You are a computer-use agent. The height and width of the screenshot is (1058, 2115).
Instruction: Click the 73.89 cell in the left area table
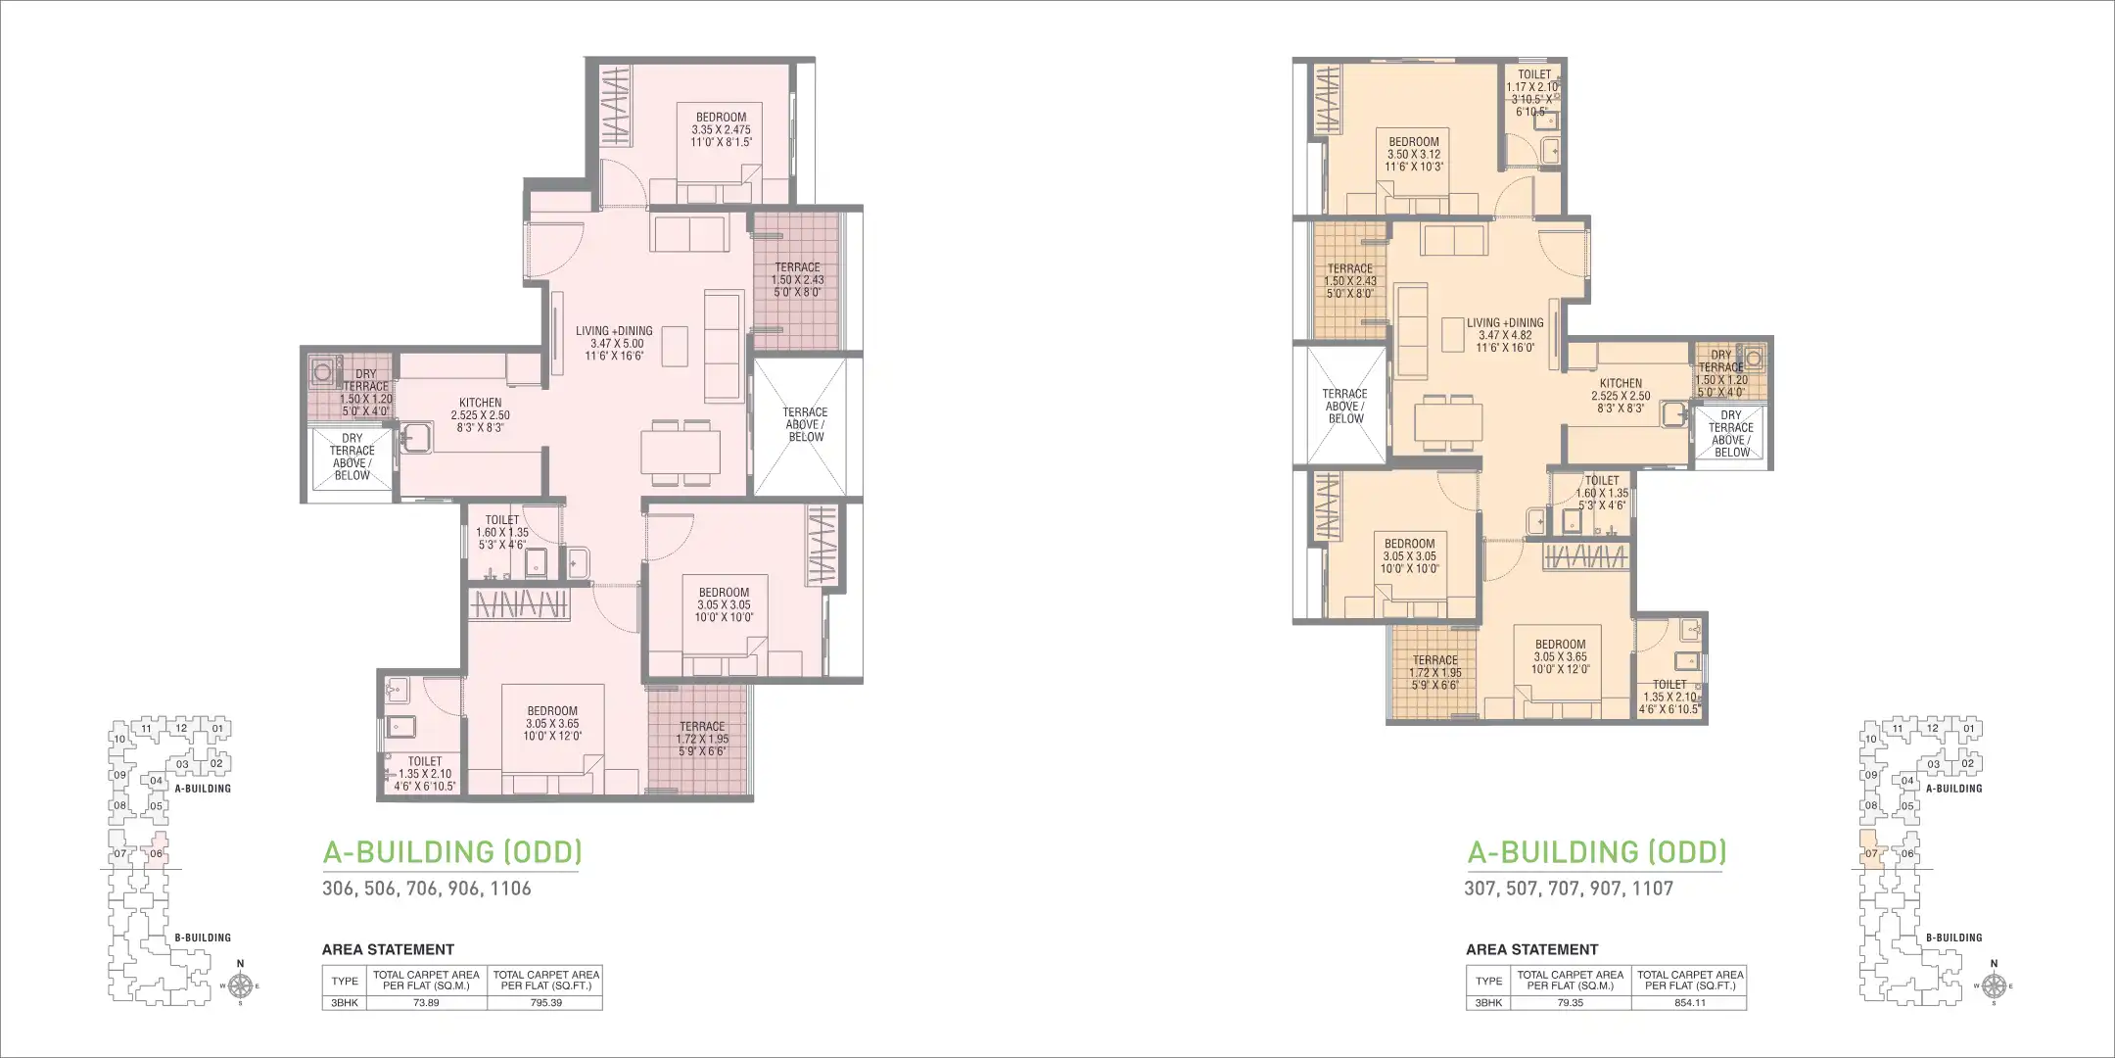coord(426,1003)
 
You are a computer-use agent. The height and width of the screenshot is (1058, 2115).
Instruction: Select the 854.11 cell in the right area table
coord(1690,1003)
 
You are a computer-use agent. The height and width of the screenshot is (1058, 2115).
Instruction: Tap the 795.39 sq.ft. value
coord(545,1003)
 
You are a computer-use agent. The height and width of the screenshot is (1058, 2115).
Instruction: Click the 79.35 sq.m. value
coord(1570,1003)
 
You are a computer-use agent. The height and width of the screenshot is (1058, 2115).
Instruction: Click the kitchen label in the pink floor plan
coord(480,414)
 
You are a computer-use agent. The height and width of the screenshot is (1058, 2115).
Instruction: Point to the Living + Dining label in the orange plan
coord(1505,335)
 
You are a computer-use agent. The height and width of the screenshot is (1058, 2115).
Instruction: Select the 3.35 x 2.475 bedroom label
coord(721,129)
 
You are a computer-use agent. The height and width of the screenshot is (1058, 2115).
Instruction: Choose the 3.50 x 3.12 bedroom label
coord(1414,155)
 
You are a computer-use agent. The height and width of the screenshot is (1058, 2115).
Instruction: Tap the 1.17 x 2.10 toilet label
coord(1533,92)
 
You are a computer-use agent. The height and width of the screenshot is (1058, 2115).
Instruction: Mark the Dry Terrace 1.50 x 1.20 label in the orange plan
coord(1721,373)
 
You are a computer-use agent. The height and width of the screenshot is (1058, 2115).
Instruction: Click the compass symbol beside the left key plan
coord(241,986)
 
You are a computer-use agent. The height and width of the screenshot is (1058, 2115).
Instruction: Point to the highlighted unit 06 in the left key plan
coord(157,851)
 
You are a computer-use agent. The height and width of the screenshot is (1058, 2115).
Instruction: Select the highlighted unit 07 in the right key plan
coord(1870,850)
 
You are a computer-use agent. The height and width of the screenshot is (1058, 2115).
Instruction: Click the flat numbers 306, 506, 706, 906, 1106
coord(427,889)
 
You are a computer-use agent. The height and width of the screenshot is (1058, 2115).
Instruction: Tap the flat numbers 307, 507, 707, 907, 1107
coord(1569,889)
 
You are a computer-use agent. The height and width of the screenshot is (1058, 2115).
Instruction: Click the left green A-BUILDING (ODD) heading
coord(452,851)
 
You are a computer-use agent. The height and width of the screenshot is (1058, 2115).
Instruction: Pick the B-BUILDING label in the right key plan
coord(1953,938)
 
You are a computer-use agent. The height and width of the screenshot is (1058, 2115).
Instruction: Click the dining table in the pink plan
coord(681,452)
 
